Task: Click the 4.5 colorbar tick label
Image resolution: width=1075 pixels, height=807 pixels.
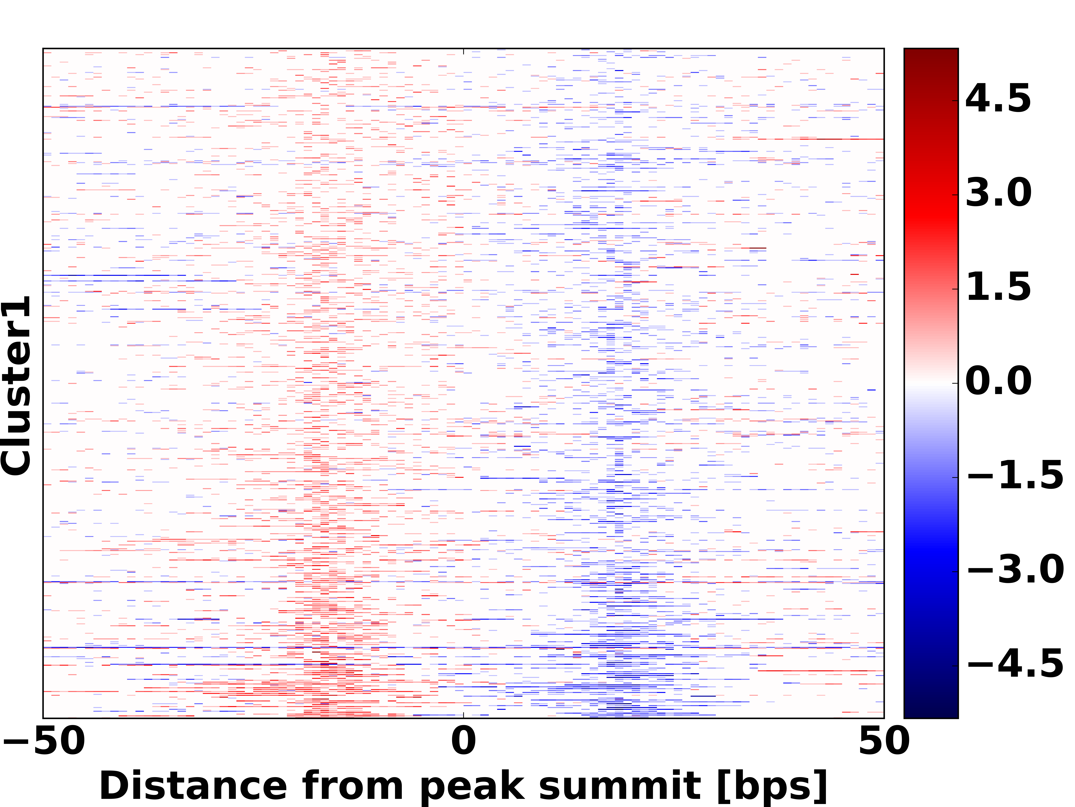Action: point(998,99)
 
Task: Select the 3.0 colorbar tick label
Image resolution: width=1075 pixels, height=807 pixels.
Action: point(998,193)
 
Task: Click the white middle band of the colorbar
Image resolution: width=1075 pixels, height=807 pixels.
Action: point(931,383)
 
